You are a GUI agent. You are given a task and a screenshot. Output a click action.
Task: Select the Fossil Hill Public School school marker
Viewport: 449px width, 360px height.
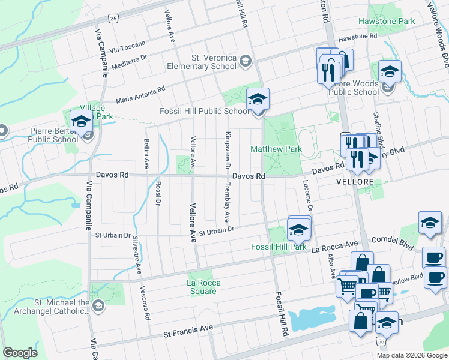(258, 100)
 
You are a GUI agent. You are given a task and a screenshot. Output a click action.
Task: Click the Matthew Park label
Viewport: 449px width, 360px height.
(276, 148)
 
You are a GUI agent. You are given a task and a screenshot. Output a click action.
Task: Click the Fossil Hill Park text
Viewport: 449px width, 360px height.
(279, 247)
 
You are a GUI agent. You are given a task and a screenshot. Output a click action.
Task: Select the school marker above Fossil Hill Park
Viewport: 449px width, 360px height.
(298, 229)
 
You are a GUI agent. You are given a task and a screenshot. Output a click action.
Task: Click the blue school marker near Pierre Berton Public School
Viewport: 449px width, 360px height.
(80, 122)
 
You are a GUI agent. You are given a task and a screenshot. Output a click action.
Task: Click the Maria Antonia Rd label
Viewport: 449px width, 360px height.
(140, 94)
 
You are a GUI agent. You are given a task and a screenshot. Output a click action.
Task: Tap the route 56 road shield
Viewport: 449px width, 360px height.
(381, 340)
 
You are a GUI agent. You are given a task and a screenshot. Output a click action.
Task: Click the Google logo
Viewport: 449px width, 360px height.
(20, 353)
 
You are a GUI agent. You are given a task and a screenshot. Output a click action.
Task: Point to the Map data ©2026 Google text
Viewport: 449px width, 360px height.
(411, 355)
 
